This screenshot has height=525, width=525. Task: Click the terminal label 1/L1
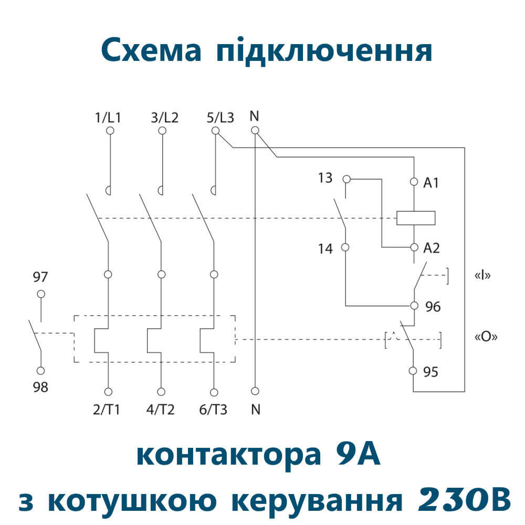point(108,118)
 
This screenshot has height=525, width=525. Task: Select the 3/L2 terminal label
point(164,118)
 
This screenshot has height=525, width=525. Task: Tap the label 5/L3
point(220,118)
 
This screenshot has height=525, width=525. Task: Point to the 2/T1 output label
point(107,409)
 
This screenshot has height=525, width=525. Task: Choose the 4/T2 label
point(161,409)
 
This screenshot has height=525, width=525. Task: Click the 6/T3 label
point(214,409)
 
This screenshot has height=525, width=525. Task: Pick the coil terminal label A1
point(431,183)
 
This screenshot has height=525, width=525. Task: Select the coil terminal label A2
point(431,248)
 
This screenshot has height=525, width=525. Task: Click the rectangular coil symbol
point(416,218)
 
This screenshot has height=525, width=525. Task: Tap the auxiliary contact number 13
point(325,178)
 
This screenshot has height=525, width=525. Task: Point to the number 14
point(325,248)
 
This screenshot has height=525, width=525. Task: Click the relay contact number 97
point(40,277)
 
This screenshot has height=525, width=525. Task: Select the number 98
point(40,387)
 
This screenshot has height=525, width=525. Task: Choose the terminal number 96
point(433,307)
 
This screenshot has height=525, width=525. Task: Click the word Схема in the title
point(151,51)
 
